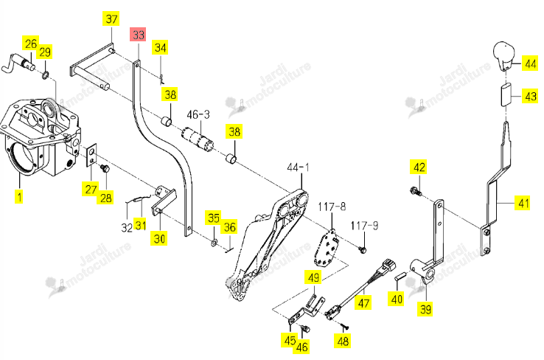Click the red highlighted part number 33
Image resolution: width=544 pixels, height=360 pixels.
click(138, 35)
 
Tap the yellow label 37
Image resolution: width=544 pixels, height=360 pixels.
click(111, 18)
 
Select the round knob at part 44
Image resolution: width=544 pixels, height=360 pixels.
click(504, 56)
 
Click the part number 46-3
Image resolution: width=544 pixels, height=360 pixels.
click(198, 114)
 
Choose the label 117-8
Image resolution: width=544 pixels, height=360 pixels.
click(332, 207)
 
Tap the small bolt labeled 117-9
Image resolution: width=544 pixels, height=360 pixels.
click(363, 249)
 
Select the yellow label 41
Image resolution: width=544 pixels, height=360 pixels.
click(523, 203)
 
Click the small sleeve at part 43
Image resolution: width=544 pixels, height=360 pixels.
click(506, 94)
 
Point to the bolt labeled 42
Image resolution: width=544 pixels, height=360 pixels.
click(416, 191)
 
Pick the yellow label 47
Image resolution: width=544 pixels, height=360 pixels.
click(363, 302)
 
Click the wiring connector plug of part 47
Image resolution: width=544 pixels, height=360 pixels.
click(388, 266)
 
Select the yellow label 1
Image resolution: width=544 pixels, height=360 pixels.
click(19, 196)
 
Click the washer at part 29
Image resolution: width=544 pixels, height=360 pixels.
click(46, 75)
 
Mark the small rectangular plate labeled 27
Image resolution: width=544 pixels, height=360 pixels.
click(91, 156)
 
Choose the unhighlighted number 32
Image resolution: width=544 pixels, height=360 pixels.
click(127, 227)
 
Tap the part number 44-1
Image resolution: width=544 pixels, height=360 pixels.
click(298, 167)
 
